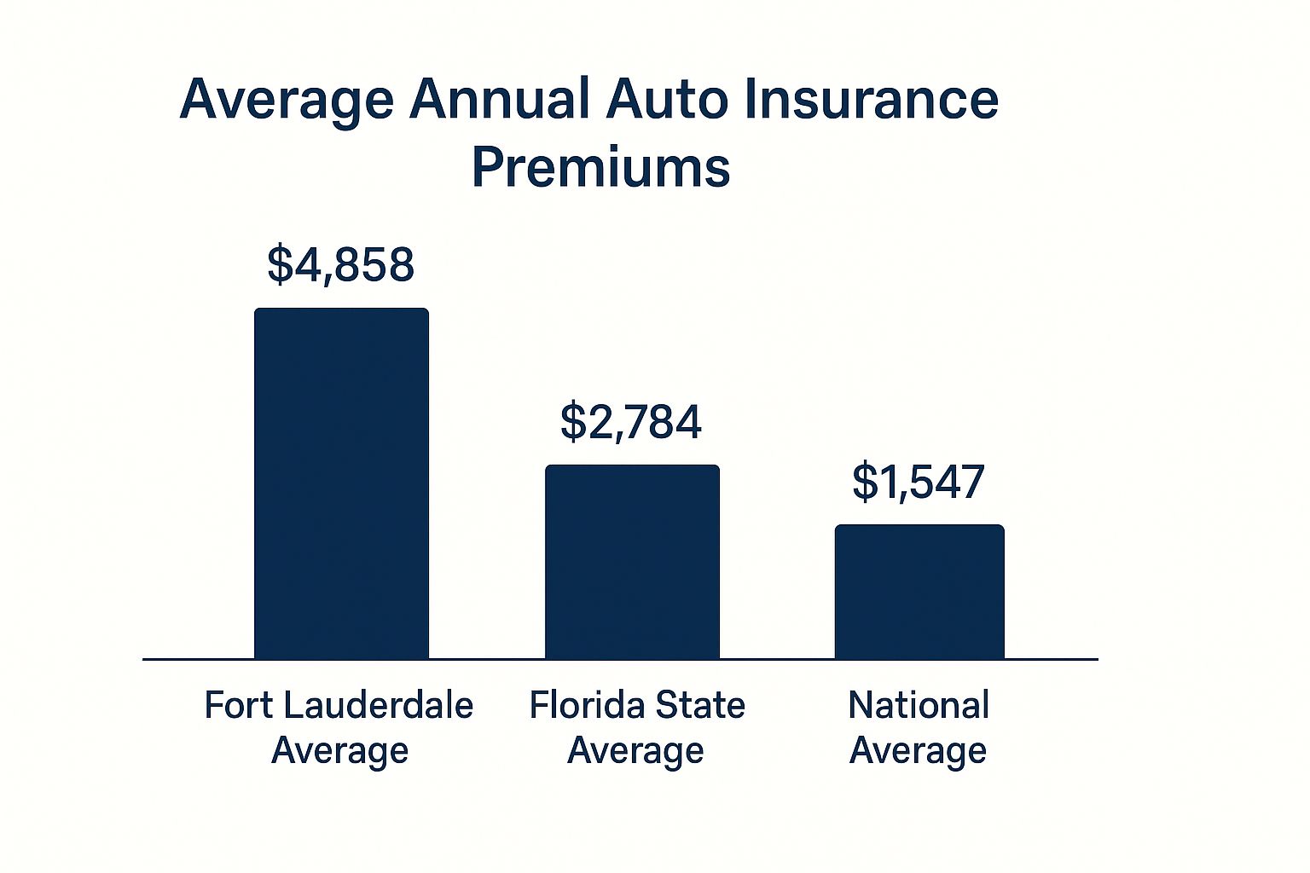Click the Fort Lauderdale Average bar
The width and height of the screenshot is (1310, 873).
pyautogui.click(x=341, y=483)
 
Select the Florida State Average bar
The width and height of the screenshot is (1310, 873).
pyautogui.click(x=632, y=562)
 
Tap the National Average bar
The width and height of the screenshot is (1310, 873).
pyautogui.click(x=919, y=592)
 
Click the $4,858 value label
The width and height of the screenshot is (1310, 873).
pyautogui.click(x=341, y=264)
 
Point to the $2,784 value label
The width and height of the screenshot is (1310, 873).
pyautogui.click(x=631, y=421)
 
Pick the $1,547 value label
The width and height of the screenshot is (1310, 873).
pyautogui.click(x=919, y=482)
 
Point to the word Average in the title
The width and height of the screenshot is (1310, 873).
pyautogui.click(x=287, y=101)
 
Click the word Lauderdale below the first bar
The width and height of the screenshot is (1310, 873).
pyautogui.click(x=378, y=705)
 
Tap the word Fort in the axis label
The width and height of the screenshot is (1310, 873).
pyautogui.click(x=240, y=705)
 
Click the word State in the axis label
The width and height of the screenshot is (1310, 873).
pyautogui.click(x=702, y=705)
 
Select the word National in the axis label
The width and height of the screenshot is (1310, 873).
pyautogui.click(x=919, y=705)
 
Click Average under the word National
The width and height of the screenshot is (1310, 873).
pyautogui.click(x=919, y=751)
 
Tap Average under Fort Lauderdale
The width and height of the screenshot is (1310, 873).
pyautogui.click(x=339, y=751)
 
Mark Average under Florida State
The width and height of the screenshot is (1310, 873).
pyautogui.click(x=635, y=751)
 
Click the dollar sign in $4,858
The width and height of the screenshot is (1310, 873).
pyautogui.click(x=280, y=264)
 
